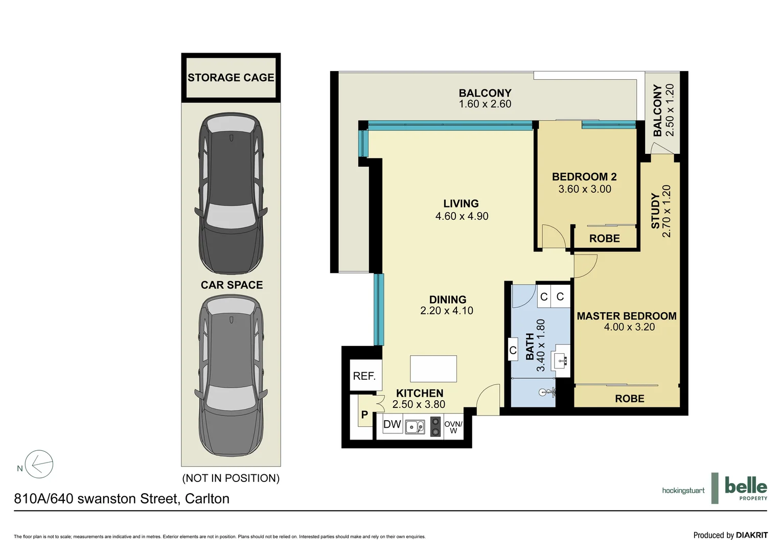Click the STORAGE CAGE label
tap(231, 78)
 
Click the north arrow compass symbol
tap(39, 465)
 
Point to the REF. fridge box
tap(364, 376)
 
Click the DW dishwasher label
tap(392, 424)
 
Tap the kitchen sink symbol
tap(415, 426)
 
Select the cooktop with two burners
tap(435, 426)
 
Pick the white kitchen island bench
tap(433, 369)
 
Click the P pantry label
tap(364, 415)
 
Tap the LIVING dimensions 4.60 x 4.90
tap(462, 216)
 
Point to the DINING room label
tap(447, 300)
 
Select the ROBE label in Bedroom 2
tap(604, 239)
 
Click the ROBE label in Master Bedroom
tap(629, 399)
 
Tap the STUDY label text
tap(655, 211)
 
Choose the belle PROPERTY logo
tap(745, 488)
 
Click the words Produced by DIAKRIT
tap(730, 535)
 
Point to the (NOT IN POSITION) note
tap(231, 478)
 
